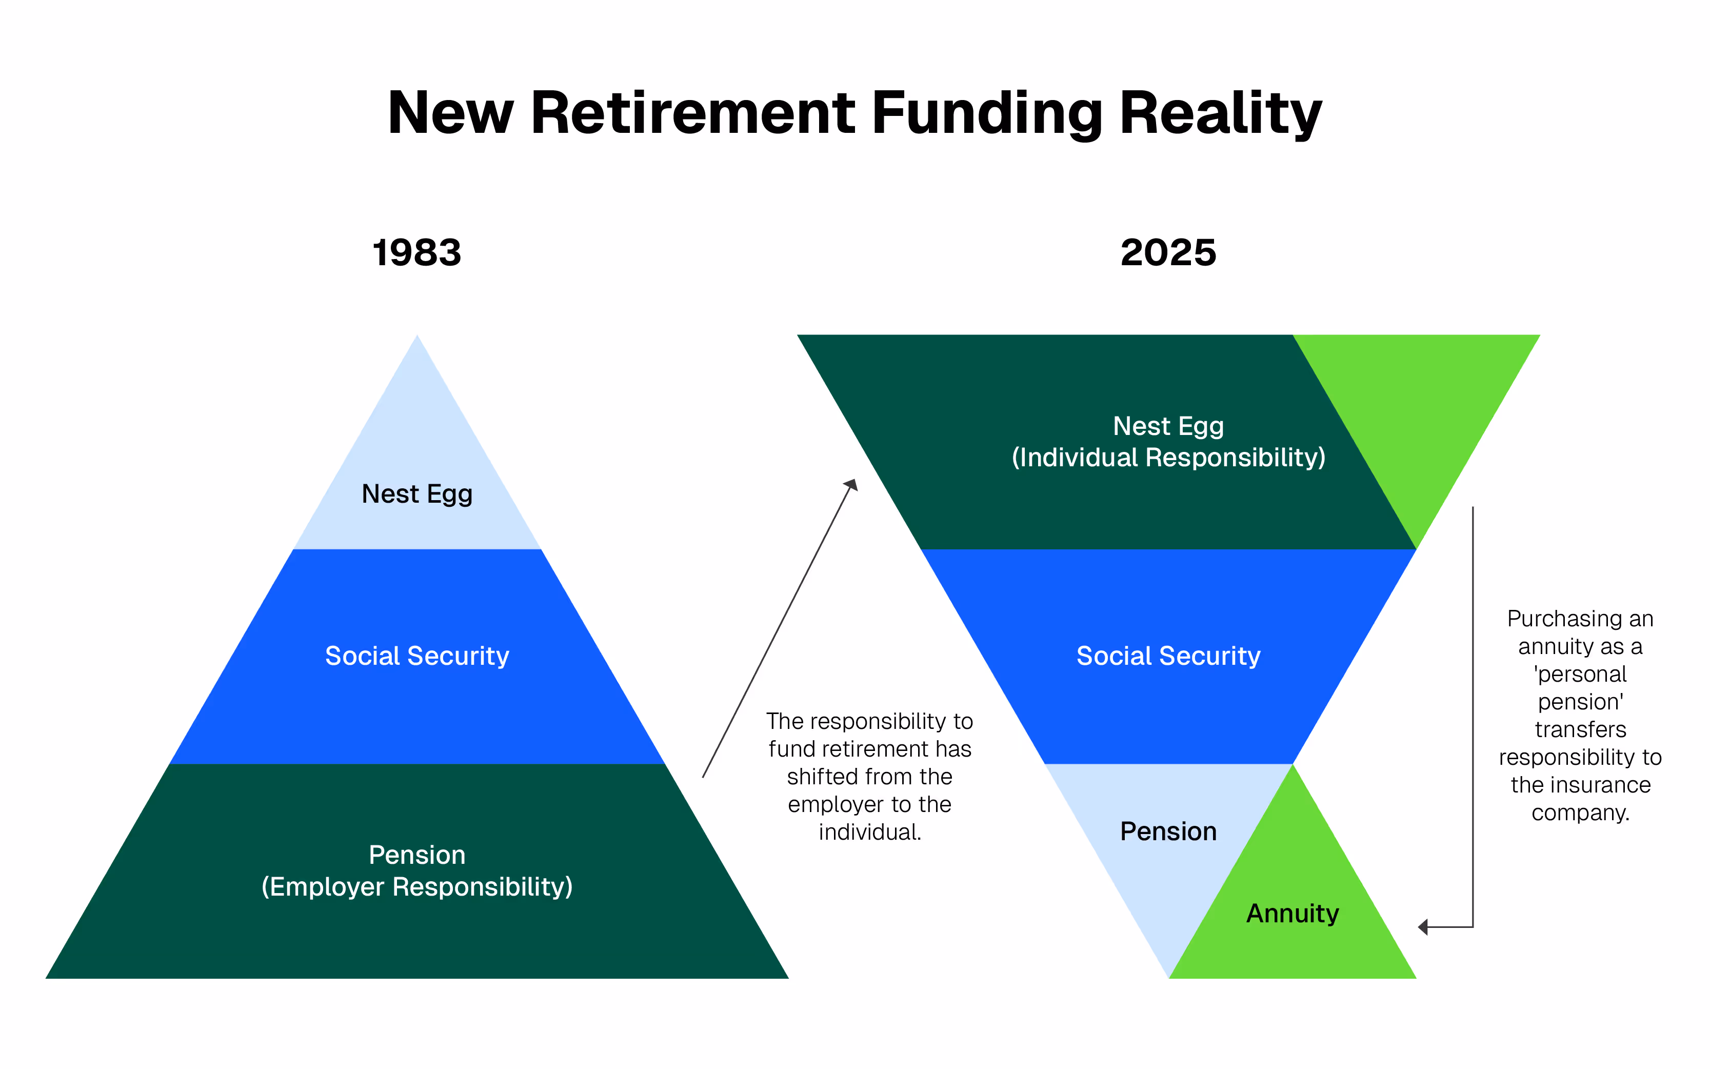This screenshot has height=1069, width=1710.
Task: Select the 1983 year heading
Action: (x=416, y=253)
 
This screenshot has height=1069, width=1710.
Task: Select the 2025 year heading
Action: (x=1168, y=253)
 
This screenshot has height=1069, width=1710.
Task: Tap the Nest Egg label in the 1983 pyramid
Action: (x=416, y=493)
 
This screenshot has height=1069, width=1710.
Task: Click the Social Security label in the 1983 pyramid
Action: (x=416, y=656)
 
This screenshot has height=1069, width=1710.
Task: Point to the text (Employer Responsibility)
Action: (x=416, y=886)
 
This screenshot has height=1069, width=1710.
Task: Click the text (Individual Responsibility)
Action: (x=1168, y=458)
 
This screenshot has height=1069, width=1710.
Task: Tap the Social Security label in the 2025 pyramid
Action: (x=1168, y=656)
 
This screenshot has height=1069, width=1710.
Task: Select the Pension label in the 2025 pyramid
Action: (x=1168, y=832)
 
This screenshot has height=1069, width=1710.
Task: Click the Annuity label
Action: (x=1292, y=914)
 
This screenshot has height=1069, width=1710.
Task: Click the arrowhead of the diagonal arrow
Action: (x=852, y=485)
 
